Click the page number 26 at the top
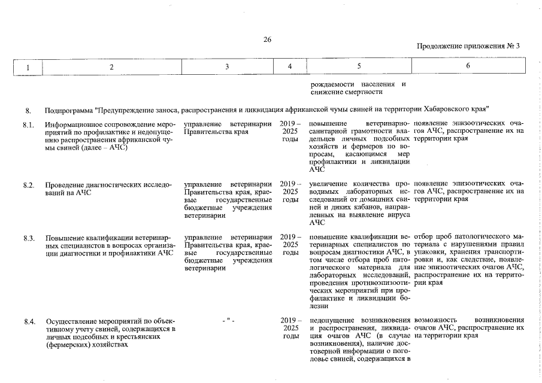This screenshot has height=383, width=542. point(268,40)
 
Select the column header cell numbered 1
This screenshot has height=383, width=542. point(28,67)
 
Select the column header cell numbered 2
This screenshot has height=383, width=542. point(111,67)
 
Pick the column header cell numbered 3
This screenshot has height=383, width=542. point(228,67)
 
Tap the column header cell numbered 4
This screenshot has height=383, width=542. point(290,67)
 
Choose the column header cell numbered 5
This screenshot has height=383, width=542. point(358,67)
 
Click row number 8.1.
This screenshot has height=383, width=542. point(29,123)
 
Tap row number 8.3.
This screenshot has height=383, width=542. point(29,238)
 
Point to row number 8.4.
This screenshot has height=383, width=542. point(29,321)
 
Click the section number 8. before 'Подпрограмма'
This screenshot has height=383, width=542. point(28,110)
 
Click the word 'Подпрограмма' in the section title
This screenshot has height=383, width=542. point(69,110)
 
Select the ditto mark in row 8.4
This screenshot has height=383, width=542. point(228,321)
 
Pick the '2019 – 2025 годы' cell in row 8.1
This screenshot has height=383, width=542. point(290,131)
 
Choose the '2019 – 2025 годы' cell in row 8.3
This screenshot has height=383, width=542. point(290,245)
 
